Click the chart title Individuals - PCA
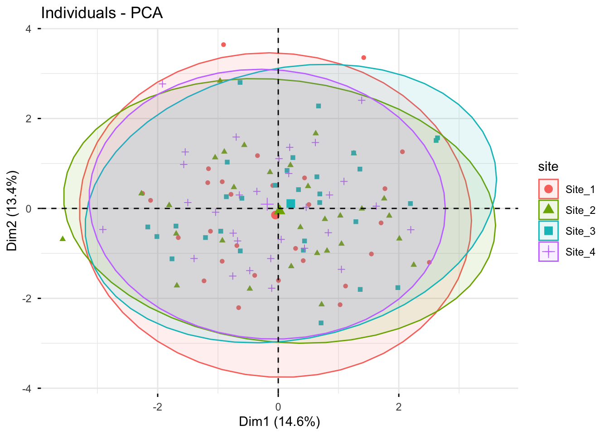(x=102, y=13)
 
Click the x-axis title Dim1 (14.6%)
(x=280, y=422)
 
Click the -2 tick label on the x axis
(x=157, y=406)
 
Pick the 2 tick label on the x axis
(x=399, y=406)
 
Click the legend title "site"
(x=548, y=167)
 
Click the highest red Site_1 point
(x=223, y=44)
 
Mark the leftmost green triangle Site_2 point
(x=63, y=238)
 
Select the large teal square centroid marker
(x=290, y=203)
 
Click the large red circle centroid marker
(x=275, y=215)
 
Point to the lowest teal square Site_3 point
(x=321, y=323)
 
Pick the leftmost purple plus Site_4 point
(x=103, y=229)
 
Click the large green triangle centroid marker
(x=280, y=210)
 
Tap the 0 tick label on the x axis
(x=278, y=406)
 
